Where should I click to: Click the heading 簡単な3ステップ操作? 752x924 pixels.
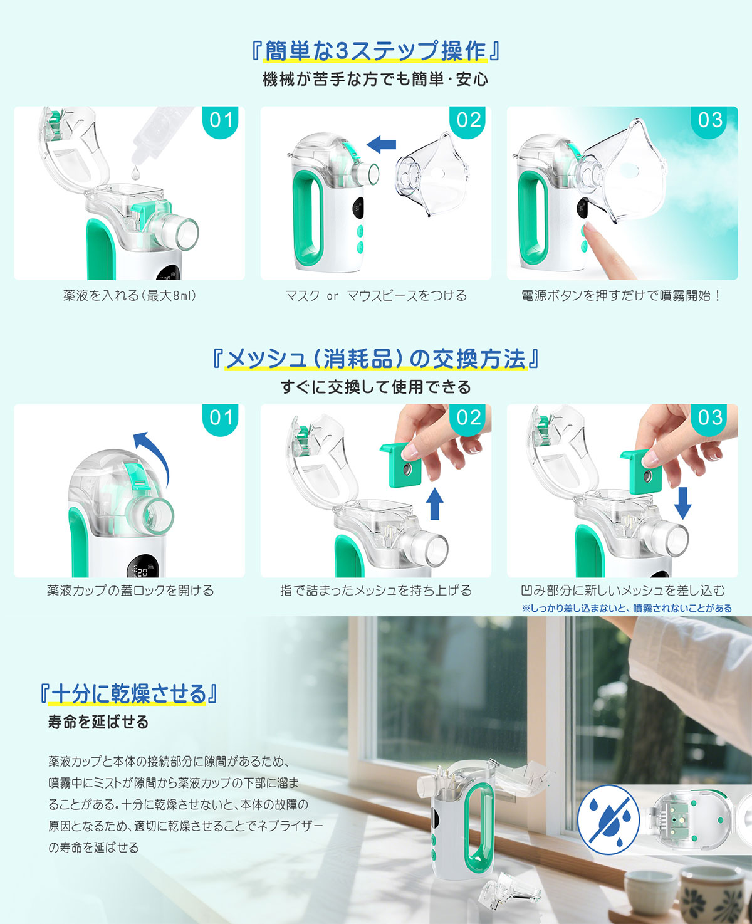pyautogui.click(x=375, y=51)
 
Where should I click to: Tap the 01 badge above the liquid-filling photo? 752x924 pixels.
pyautogui.click(x=221, y=122)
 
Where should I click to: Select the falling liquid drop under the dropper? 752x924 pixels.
pyautogui.click(x=136, y=172)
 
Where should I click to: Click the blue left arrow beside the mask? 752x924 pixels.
pyautogui.click(x=381, y=144)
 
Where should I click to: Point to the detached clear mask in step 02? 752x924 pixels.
pyautogui.click(x=432, y=174)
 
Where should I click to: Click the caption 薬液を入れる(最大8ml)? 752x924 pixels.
pyautogui.click(x=130, y=296)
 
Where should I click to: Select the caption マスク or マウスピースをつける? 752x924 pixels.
pyautogui.click(x=376, y=296)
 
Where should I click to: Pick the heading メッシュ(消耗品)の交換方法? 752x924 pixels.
pyautogui.click(x=375, y=359)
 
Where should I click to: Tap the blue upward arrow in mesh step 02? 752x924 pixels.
pyautogui.click(x=434, y=503)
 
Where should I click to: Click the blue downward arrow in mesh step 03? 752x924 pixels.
pyautogui.click(x=682, y=503)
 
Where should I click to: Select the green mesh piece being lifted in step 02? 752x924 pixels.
pyautogui.click(x=400, y=465)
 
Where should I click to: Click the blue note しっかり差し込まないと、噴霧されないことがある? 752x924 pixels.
pyautogui.click(x=627, y=608)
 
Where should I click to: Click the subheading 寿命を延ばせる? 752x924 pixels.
pyautogui.click(x=98, y=722)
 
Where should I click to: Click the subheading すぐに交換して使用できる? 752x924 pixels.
pyautogui.click(x=375, y=387)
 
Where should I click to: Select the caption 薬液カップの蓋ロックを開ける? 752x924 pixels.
pyautogui.click(x=130, y=591)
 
